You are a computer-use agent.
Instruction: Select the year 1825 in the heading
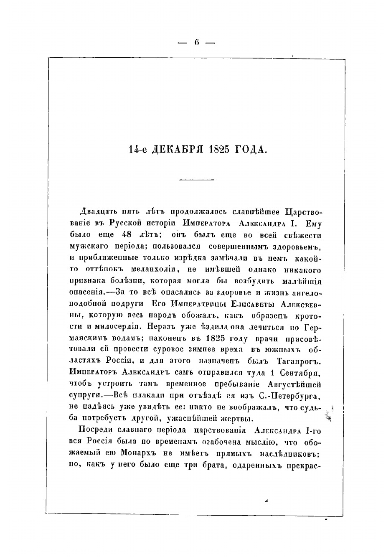pos(221,149)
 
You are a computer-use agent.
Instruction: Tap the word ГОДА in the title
pos(252,149)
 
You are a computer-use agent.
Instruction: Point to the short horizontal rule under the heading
pos(196,180)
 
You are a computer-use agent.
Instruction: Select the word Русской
pos(125,223)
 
